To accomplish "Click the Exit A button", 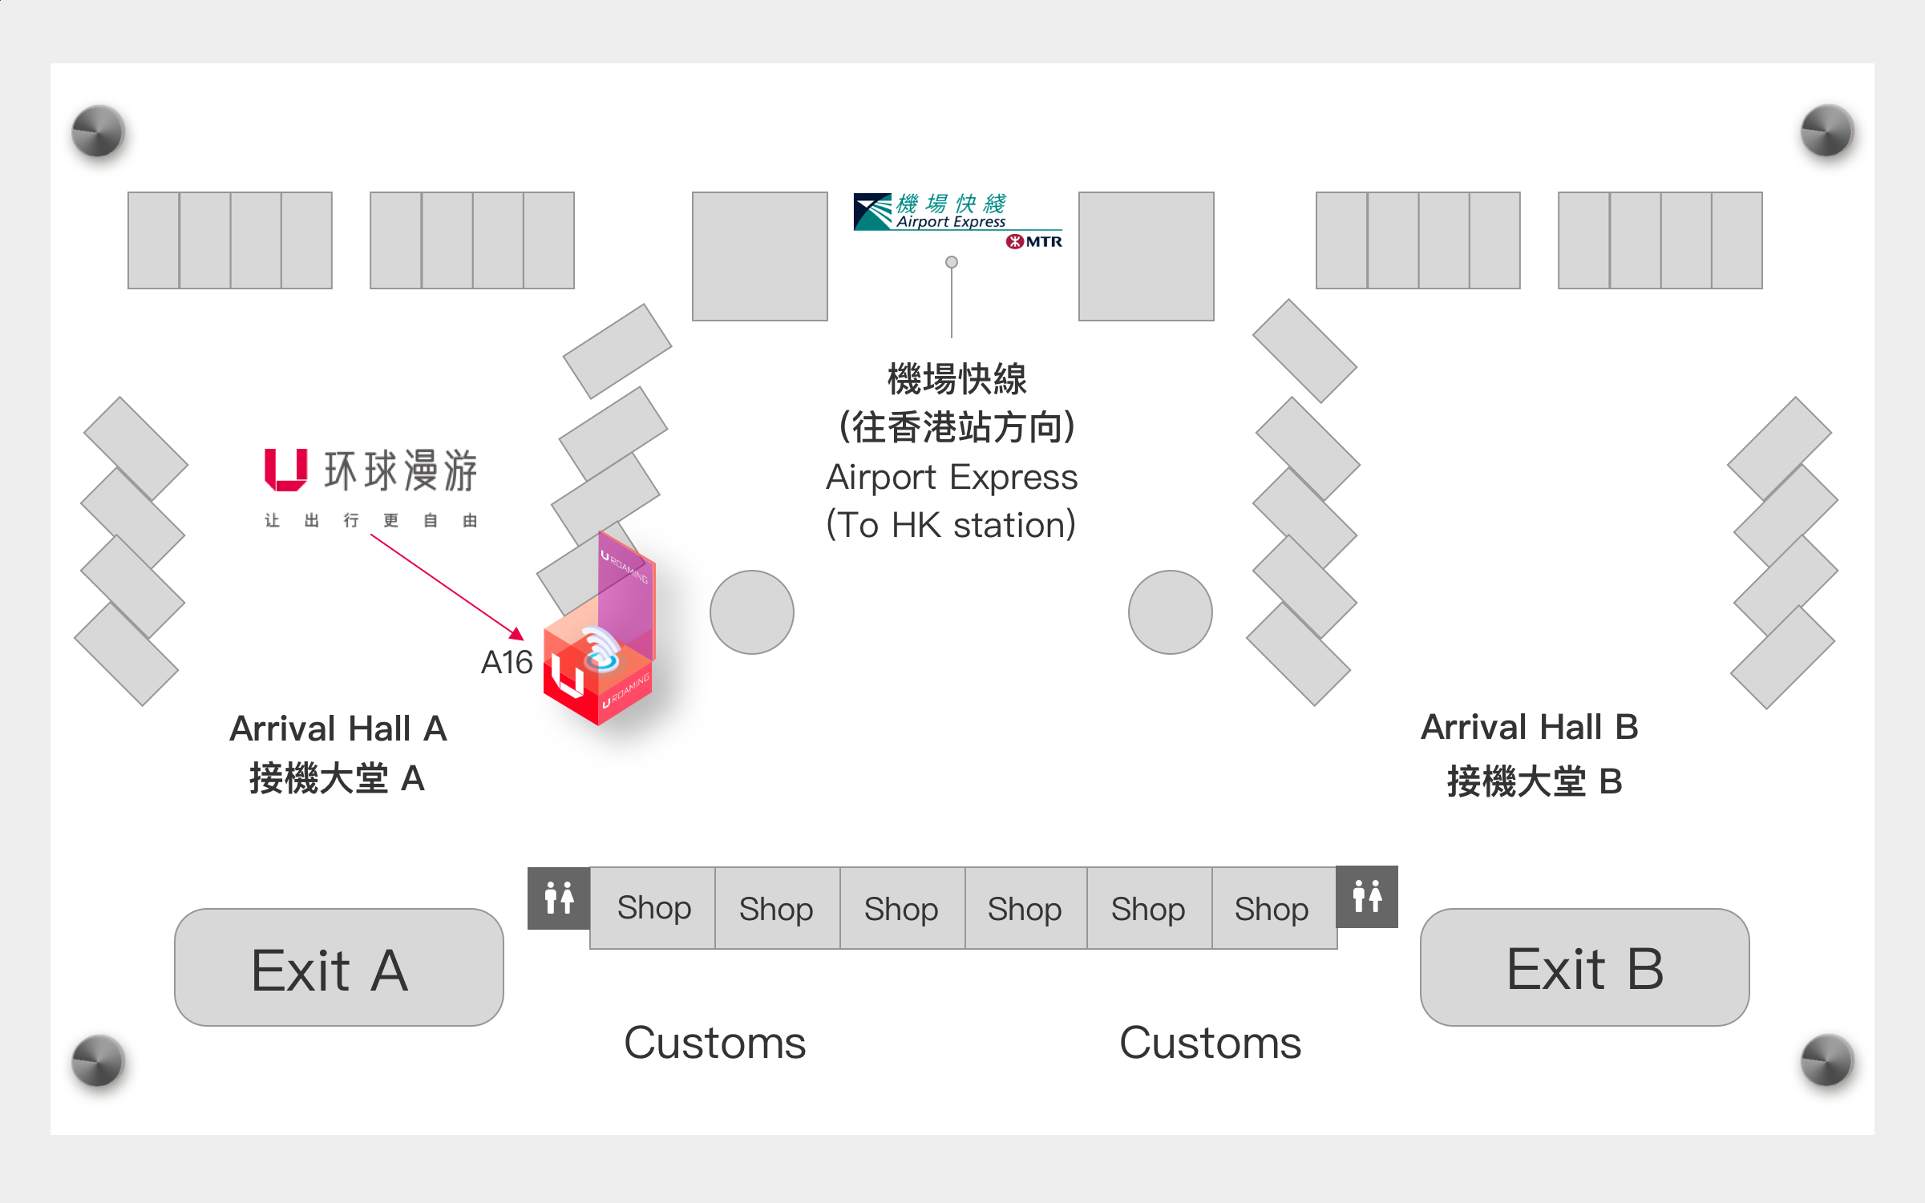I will pos(338,967).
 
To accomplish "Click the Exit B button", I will pos(1584,967).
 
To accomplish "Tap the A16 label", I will pos(506,662).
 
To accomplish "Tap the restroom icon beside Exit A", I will pos(559,898).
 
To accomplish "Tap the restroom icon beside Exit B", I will pos(1367,896).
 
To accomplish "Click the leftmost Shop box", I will pos(653,908).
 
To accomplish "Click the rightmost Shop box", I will pos(1272,909).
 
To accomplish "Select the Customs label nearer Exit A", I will pos(714,1042).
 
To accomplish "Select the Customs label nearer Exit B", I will pos(1210,1042).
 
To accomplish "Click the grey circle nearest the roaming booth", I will pos(751,612).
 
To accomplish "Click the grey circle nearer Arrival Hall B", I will pos(1170,612).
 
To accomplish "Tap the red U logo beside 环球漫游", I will pos(285,470).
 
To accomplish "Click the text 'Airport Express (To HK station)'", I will pos(952,501).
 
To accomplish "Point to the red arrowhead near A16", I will pos(517,634).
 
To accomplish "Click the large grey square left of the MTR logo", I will pos(759,256).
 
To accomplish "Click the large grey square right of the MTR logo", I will pos(1146,256).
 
